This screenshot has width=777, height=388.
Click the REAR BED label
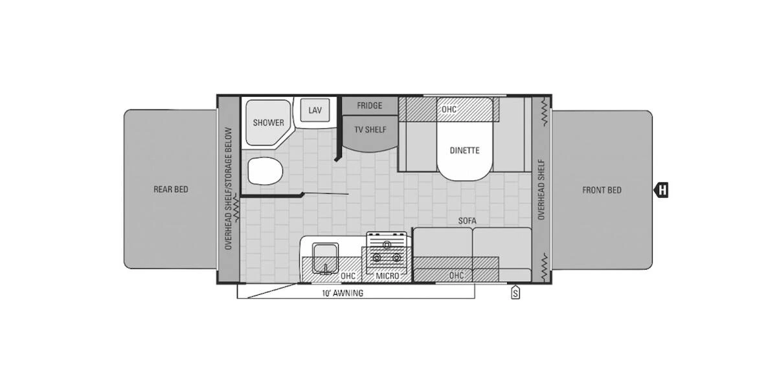pyautogui.click(x=171, y=189)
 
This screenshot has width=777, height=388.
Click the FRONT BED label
pyautogui.click(x=602, y=190)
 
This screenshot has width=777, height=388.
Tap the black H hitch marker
pyautogui.click(x=662, y=190)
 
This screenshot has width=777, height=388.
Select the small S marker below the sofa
pyautogui.click(x=515, y=293)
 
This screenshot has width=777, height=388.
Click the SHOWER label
pyautogui.click(x=268, y=123)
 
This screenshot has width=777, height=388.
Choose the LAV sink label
pyautogui.click(x=315, y=111)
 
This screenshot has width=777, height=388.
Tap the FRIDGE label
pyautogui.click(x=369, y=105)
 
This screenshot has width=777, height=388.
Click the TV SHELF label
pyautogui.click(x=370, y=129)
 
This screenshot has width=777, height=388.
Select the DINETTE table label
pyautogui.click(x=465, y=151)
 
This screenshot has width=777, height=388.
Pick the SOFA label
pyautogui.click(x=467, y=221)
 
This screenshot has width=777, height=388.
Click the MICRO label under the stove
pyautogui.click(x=387, y=276)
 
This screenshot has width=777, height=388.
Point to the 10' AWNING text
pyautogui.click(x=343, y=293)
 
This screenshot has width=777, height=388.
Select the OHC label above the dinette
pyautogui.click(x=449, y=109)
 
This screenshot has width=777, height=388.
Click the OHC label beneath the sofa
pyautogui.click(x=456, y=275)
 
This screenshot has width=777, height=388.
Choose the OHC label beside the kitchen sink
pyautogui.click(x=348, y=276)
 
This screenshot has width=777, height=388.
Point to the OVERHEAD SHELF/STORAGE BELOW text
pyautogui.click(x=228, y=189)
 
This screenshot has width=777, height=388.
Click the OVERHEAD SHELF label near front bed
pyautogui.click(x=541, y=189)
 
